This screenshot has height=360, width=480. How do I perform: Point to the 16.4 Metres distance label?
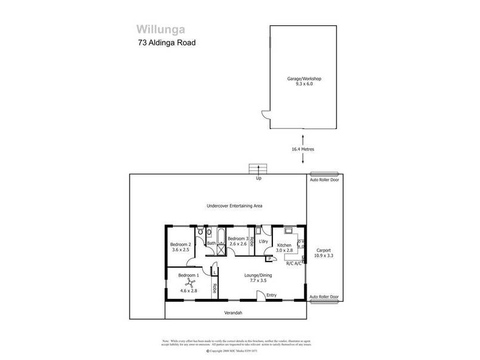(303, 149)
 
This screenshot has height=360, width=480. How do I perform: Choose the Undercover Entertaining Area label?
(235, 206)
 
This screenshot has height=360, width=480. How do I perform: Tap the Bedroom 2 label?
(180, 245)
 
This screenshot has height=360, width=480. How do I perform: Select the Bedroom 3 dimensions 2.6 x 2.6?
(238, 244)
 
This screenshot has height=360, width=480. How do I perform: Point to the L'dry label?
(263, 241)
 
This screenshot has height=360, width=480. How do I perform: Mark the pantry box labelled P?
(262, 259)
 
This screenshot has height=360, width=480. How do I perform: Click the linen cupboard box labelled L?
(214, 272)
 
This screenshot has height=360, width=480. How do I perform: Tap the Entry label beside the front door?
(272, 295)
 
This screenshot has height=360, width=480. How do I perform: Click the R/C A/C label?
(294, 263)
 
